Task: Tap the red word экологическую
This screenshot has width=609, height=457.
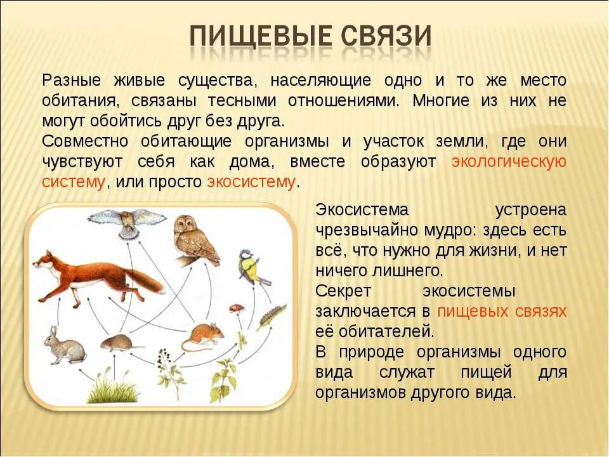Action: [509, 162]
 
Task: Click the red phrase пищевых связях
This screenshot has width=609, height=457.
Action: [502, 311]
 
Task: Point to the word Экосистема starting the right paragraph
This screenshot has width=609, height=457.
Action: [362, 210]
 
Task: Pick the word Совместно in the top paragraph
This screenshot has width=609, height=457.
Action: [85, 141]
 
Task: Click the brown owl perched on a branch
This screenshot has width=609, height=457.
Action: [195, 239]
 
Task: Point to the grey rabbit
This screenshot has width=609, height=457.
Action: [63, 346]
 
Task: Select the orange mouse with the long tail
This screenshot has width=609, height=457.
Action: [203, 336]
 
